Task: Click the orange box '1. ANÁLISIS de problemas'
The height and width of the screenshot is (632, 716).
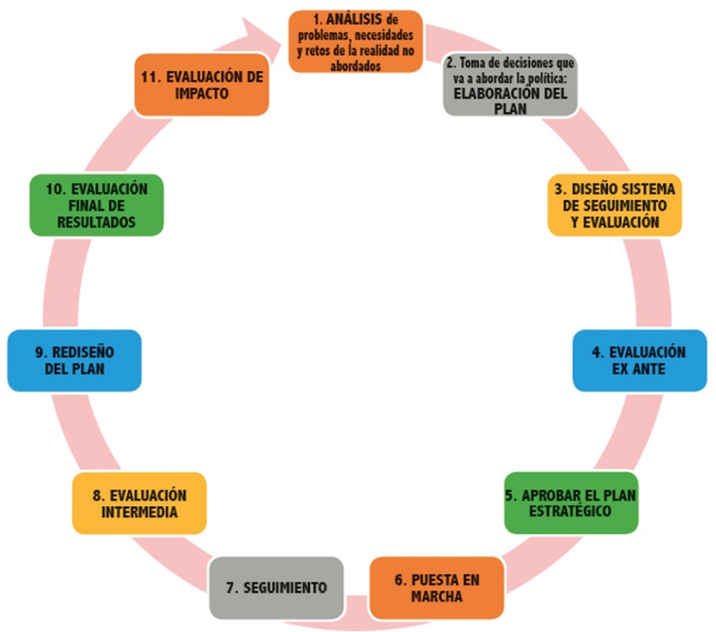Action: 355,41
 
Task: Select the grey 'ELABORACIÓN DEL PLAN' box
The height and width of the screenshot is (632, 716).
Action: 510,85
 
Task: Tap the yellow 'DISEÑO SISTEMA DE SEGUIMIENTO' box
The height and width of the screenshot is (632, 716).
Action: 615,205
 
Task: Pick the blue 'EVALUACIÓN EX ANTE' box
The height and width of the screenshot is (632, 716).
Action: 639,361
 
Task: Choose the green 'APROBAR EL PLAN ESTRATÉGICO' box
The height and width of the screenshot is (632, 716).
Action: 571,503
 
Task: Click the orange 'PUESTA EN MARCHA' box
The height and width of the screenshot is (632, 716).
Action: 437,587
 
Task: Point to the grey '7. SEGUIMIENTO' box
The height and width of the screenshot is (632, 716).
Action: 276,587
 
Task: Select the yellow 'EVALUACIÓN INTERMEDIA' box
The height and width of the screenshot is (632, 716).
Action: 139,503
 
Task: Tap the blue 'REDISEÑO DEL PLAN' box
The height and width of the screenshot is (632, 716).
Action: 74,361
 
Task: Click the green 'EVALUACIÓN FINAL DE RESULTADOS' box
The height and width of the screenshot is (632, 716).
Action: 96,205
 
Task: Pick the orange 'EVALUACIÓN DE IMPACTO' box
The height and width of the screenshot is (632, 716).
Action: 202,85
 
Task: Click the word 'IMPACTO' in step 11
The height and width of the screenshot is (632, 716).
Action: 202,94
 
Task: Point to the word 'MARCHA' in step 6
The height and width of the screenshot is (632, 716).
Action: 437,596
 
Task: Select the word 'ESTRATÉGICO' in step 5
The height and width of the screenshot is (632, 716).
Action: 570,511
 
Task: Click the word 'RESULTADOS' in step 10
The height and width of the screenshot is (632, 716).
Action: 96,222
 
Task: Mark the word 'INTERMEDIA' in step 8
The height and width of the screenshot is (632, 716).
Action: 140,511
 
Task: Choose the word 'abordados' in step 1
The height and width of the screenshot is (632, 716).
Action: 355,66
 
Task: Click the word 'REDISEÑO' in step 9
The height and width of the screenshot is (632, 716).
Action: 83,352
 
